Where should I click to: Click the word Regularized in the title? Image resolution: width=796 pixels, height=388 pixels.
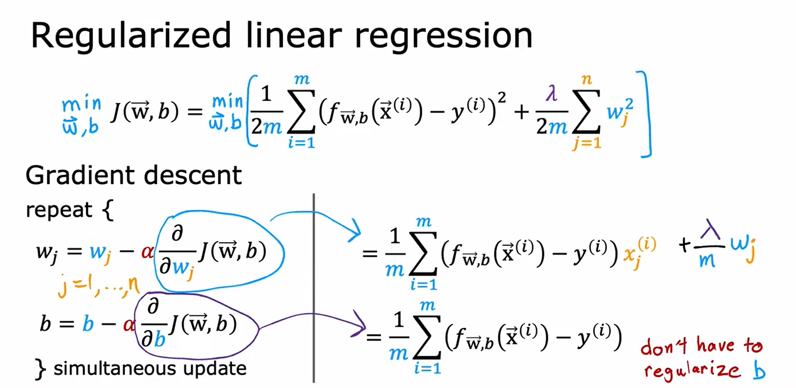click(x=131, y=36)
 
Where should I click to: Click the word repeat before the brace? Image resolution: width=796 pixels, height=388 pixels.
click(x=59, y=210)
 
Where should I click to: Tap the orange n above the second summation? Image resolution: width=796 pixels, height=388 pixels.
click(x=586, y=79)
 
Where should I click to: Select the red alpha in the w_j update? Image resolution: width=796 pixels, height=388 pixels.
click(x=147, y=252)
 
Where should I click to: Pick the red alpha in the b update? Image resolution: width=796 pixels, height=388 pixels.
click(x=129, y=324)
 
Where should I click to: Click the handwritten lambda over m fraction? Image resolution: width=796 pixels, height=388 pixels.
click(x=709, y=244)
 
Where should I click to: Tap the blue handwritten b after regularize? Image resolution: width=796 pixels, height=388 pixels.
click(x=758, y=370)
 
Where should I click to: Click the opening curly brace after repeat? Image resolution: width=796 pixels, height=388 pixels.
click(x=108, y=210)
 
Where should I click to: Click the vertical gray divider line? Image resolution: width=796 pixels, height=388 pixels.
click(x=314, y=288)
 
